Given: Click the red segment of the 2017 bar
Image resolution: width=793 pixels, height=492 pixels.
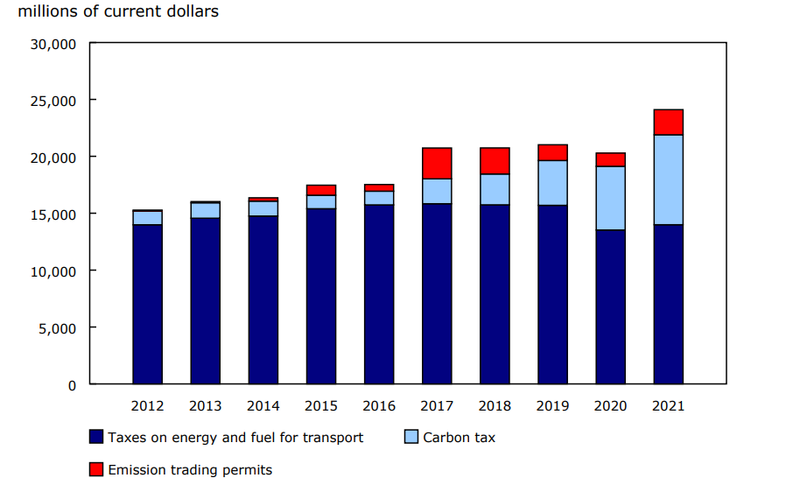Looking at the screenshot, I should [437, 163].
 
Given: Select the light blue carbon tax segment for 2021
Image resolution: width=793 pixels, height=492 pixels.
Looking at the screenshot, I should [668, 179].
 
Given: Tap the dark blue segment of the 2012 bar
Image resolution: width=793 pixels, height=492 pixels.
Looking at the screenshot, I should [147, 304].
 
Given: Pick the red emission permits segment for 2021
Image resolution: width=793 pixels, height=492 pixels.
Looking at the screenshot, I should [668, 123].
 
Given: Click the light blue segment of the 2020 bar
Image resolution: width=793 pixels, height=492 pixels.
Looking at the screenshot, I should [610, 198].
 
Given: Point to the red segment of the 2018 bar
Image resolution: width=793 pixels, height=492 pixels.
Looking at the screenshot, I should [495, 161].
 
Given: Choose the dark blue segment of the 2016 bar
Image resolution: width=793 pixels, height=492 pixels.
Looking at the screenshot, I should [379, 294].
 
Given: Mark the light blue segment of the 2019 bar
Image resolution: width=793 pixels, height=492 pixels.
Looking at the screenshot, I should [552, 183].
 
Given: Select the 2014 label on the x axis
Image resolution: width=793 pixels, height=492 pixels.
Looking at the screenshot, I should [263, 406].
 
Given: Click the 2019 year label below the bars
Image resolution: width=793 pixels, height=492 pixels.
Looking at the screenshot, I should [552, 406].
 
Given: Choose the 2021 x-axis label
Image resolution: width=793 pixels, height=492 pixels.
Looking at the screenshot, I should [668, 406].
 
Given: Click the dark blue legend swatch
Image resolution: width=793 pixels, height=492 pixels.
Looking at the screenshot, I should [96, 437].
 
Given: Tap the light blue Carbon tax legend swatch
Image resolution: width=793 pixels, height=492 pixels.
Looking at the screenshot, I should [412, 437].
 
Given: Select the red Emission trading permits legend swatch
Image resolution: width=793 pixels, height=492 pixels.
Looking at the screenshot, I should [96, 470].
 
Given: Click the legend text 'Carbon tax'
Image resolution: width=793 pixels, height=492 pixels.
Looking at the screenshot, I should [459, 437].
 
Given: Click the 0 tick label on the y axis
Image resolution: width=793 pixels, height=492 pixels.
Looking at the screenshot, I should [72, 384].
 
